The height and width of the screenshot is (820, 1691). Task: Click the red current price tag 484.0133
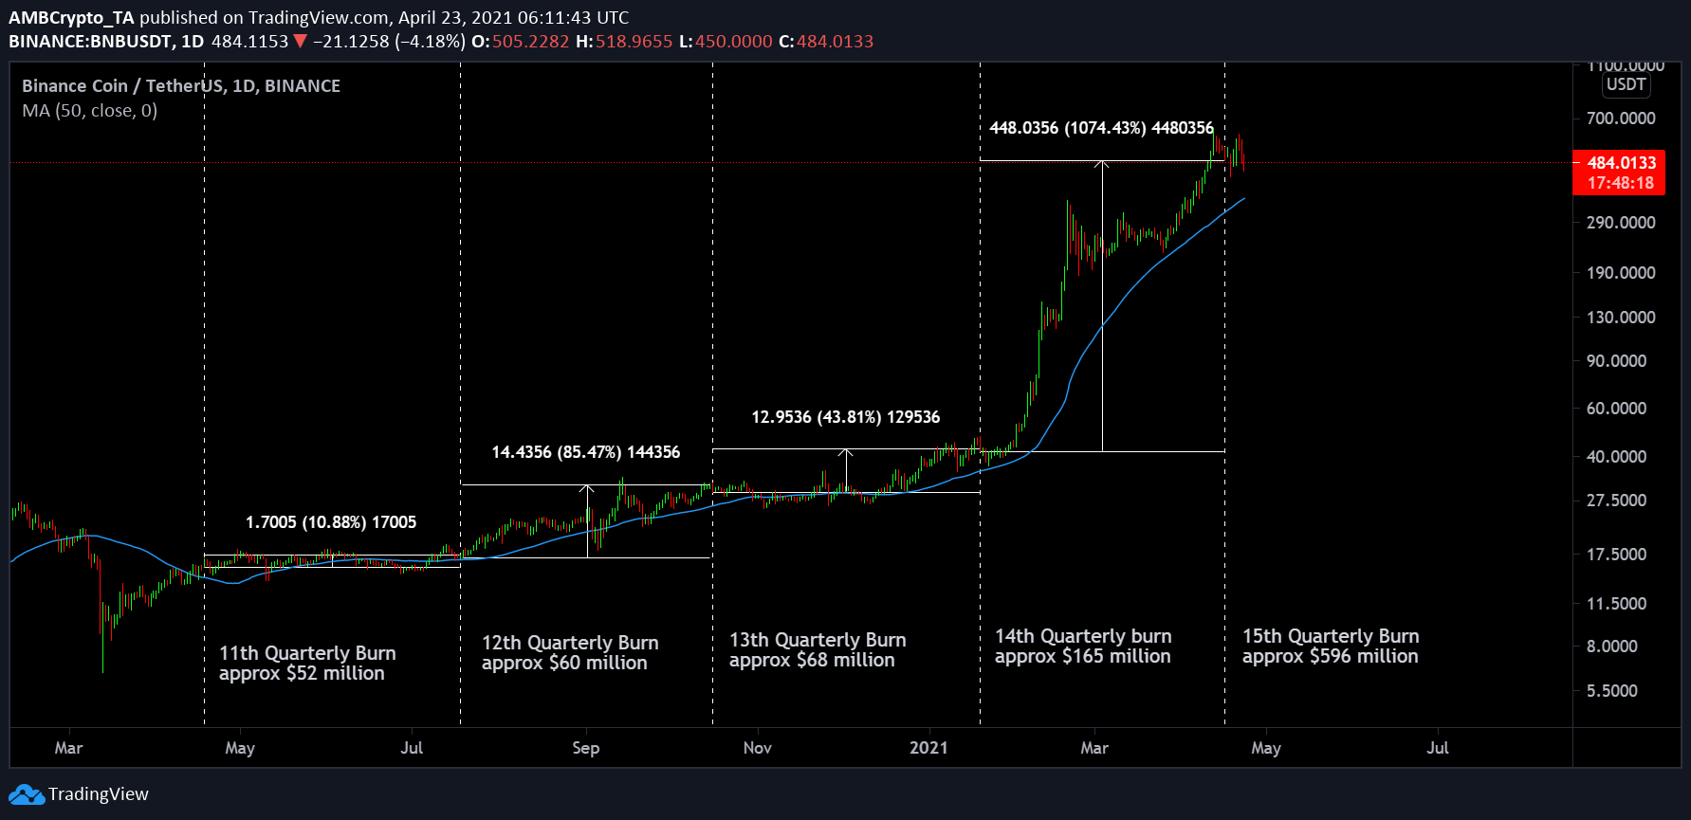[x=1621, y=163]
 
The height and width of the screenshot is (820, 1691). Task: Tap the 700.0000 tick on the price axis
[x=1621, y=118]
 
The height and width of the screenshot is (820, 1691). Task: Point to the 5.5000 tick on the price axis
[x=1611, y=691]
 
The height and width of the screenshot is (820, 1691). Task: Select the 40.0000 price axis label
[x=1616, y=457]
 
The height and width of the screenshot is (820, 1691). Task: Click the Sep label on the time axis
[x=586, y=748]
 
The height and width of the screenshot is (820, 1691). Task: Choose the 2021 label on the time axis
[x=928, y=748]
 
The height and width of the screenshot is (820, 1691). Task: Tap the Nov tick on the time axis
[x=757, y=748]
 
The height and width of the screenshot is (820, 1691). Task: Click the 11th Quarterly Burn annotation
[x=307, y=653]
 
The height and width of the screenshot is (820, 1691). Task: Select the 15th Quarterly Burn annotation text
[x=1331, y=636]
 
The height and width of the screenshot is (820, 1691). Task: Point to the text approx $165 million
[x=1082, y=657]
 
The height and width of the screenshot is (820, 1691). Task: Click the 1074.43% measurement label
[x=1101, y=128]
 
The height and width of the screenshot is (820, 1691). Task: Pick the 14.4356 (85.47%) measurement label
[x=585, y=452]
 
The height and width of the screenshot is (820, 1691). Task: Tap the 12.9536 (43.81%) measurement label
[x=845, y=417]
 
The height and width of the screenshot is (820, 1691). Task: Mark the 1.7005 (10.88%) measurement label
[x=330, y=522]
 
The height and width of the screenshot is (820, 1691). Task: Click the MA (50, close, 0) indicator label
[x=90, y=111]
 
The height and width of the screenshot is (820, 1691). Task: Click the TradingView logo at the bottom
[x=80, y=794]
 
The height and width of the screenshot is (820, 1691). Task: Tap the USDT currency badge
[x=1626, y=84]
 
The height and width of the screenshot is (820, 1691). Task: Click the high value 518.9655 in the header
[x=634, y=42]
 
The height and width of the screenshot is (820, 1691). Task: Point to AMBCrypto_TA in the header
[x=71, y=17]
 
